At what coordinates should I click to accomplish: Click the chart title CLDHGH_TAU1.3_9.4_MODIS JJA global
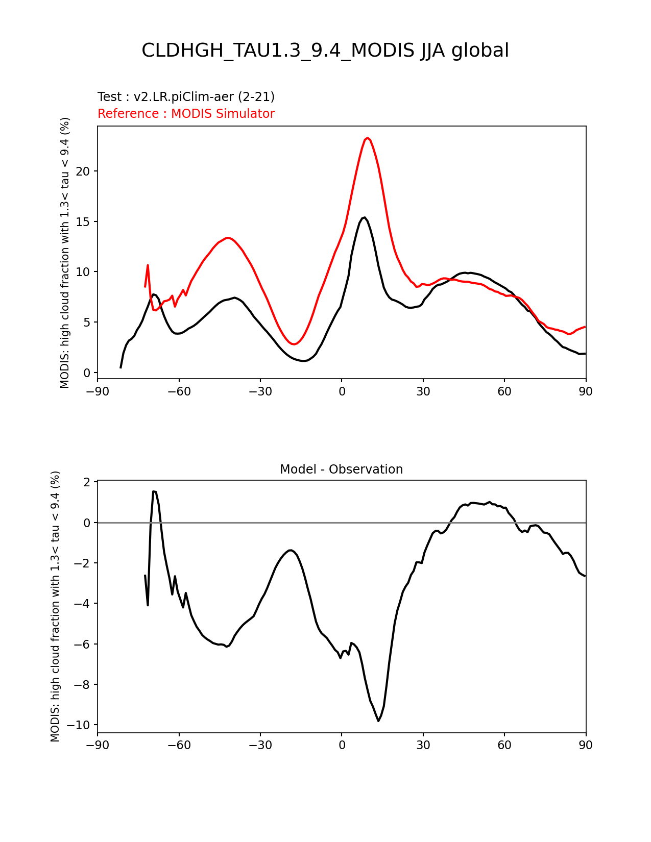click(325, 51)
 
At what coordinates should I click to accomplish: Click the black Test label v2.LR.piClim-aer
click(186, 97)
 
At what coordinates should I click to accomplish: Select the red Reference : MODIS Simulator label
click(186, 114)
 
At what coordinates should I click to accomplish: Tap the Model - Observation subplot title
click(341, 469)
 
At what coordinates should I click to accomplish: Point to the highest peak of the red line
click(368, 138)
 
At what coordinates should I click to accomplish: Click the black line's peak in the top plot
click(364, 217)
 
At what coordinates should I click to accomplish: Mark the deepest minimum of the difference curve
click(378, 721)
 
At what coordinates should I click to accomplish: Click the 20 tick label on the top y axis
click(83, 171)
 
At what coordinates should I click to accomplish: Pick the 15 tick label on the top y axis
click(83, 222)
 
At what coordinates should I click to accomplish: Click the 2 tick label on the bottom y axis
click(87, 482)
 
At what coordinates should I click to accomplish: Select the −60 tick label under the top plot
click(179, 391)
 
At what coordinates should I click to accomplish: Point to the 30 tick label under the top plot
click(423, 391)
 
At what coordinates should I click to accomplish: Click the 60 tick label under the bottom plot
click(504, 745)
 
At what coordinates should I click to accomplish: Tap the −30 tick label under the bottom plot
click(260, 745)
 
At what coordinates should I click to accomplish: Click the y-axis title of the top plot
click(65, 253)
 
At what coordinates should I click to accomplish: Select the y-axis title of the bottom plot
click(55, 606)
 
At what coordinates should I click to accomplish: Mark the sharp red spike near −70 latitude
click(148, 265)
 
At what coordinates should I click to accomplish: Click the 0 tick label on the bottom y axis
click(87, 523)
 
